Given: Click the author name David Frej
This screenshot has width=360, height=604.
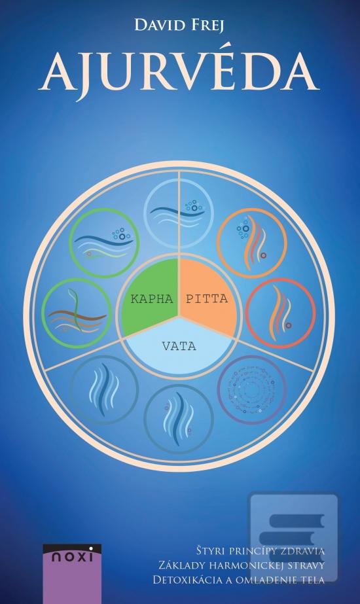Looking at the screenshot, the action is click(x=179, y=26).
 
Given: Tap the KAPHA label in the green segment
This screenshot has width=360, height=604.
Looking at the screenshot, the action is click(x=152, y=299).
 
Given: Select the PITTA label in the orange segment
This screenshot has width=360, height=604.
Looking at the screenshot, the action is click(x=207, y=298).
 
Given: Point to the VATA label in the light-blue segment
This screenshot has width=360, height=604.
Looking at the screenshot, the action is click(x=179, y=346).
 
